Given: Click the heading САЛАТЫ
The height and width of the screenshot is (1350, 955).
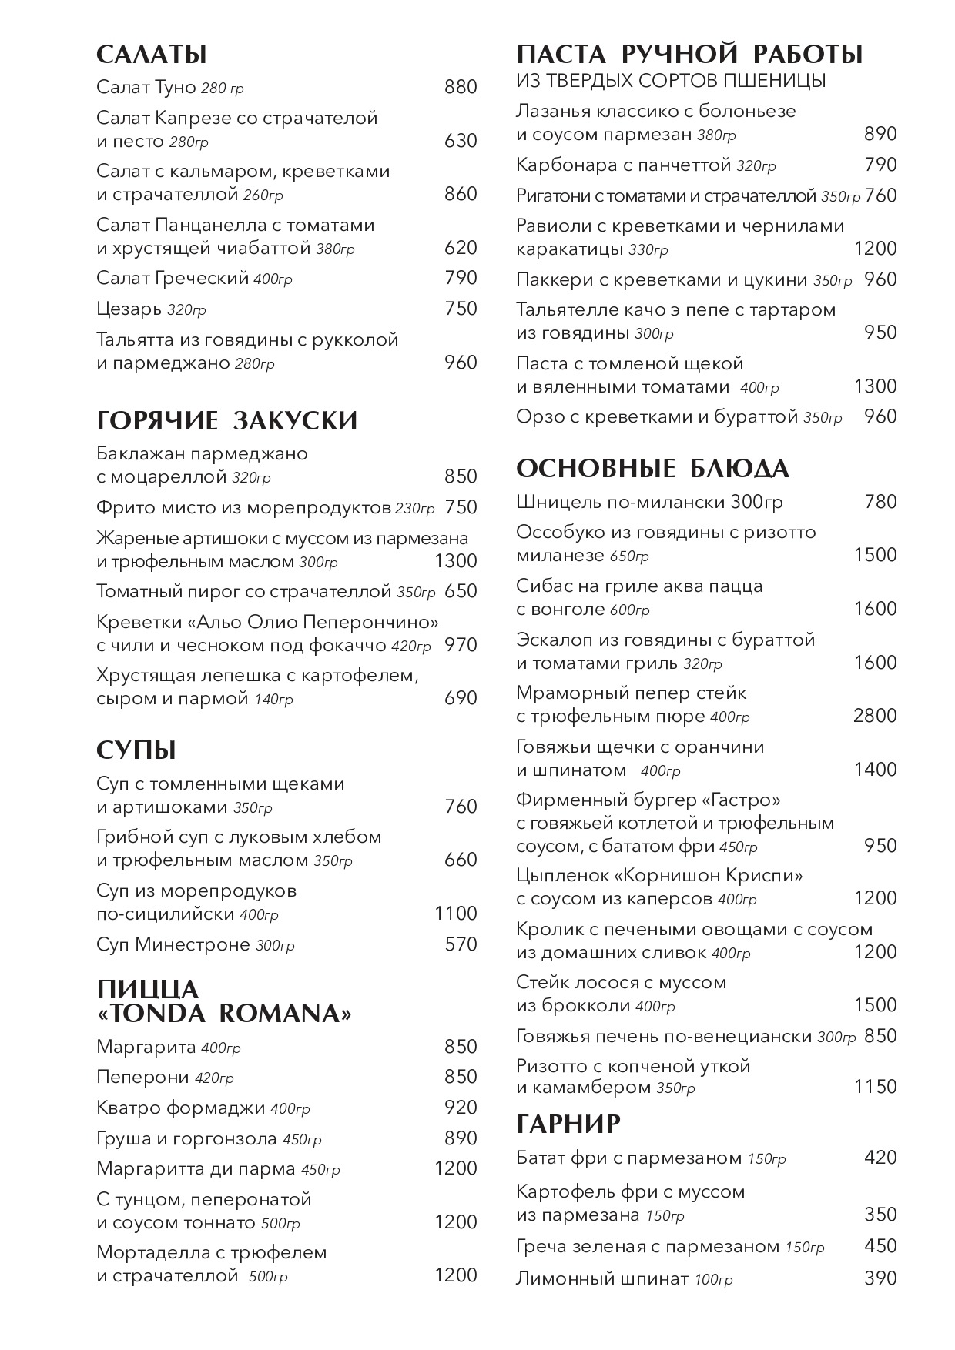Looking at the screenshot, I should pos(152,55).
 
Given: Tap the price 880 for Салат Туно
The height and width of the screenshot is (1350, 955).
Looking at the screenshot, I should pos(461,87).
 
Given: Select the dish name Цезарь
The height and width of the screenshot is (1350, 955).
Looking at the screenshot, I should pos(129,309).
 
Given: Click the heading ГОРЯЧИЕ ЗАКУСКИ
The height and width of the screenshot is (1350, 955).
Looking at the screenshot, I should pos(227,421).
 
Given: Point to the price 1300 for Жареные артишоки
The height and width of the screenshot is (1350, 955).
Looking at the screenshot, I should pos(456,561).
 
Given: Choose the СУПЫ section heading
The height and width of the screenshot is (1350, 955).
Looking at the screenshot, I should pos(136,750).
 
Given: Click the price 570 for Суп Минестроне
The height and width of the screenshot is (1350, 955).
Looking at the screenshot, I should pos(461,944).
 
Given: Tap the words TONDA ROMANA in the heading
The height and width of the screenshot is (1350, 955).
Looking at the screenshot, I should pos(225,1014).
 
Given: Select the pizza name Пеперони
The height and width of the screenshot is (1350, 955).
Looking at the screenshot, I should pos(142,1077).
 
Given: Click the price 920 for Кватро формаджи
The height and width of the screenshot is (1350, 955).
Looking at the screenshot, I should pos(461,1108).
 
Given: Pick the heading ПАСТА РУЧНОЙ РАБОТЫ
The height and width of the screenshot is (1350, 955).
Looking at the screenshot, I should pos(689,55).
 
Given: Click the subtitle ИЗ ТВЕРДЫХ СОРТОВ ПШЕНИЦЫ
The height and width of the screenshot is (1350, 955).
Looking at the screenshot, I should pos(671,81).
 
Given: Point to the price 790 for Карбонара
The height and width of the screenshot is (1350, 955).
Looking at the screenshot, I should pos(880,165).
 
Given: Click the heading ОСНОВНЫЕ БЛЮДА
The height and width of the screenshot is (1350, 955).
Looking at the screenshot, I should pos(652,469).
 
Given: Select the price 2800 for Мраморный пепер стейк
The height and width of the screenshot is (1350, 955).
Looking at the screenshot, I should pos(875,716).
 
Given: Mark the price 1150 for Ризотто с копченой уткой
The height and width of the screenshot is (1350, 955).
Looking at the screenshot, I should pos(875,1087).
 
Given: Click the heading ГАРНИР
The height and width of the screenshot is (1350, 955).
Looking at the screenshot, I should pos(568,1124).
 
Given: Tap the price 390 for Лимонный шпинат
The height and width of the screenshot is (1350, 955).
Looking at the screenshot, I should pos(880,1278).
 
